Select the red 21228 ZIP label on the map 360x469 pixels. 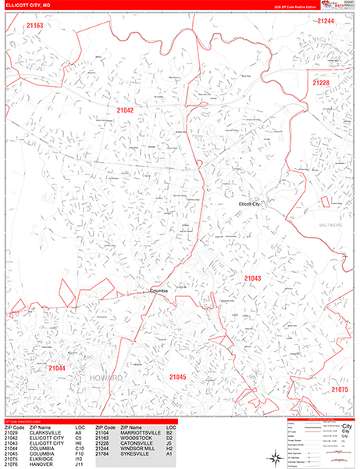pos(321,82)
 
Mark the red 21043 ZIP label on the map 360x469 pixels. pos(252,278)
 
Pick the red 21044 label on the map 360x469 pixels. pos(56,367)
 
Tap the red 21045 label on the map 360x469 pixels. pos(177,378)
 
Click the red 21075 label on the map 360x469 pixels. pos(339,388)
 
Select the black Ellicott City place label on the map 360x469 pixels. pos(253,204)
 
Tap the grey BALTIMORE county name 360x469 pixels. pos(330,224)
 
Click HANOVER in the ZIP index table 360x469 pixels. pos(43,465)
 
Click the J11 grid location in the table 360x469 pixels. pos(80,465)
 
